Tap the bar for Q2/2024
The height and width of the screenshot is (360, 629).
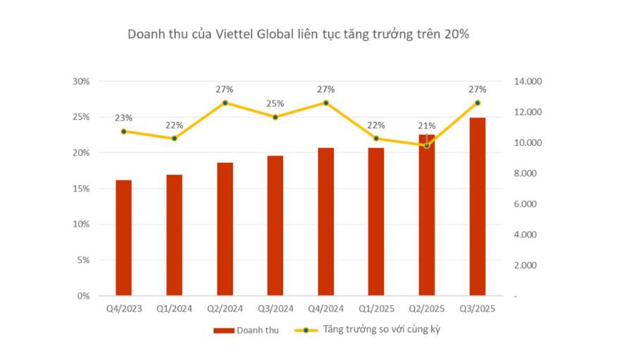[225, 229]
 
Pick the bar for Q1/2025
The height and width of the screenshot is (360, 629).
[376, 221]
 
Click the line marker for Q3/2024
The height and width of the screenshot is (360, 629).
[275, 117]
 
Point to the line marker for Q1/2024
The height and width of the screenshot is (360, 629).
[175, 138]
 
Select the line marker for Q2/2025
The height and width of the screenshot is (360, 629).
[426, 146]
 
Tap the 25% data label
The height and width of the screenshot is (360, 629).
[275, 104]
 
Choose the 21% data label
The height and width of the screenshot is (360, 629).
[426, 125]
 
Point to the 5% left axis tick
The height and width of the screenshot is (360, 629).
[83, 260]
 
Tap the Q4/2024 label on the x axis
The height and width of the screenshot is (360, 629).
[325, 309]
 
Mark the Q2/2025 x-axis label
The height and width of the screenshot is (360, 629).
[426, 309]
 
